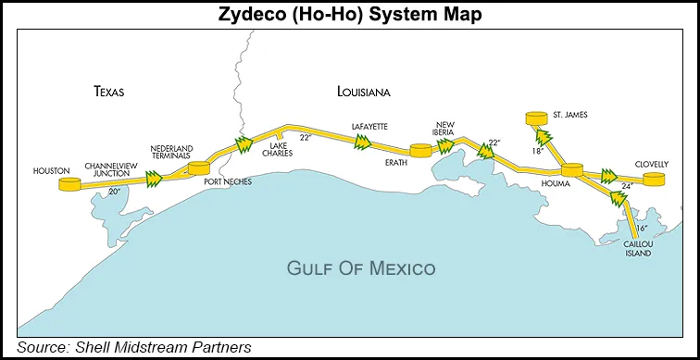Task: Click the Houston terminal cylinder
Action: point(69,184)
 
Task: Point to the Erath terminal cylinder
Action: point(420,151)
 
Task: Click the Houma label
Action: point(569,184)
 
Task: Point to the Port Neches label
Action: point(227,181)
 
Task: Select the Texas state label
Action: point(108,92)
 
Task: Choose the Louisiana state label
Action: point(363,93)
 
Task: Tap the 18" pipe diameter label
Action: point(535,150)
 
